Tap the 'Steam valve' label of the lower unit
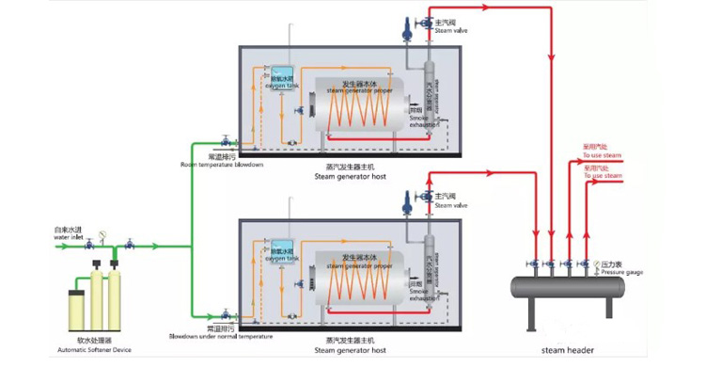click(x=450, y=204)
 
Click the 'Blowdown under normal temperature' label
click(x=221, y=336)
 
